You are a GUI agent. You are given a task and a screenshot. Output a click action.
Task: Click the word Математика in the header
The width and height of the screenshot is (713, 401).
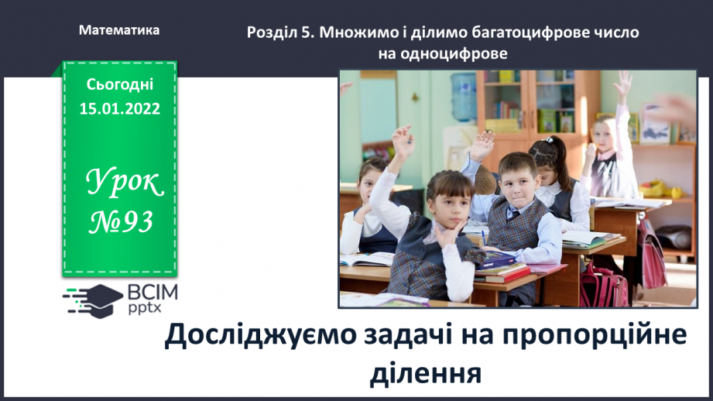(x=119, y=30)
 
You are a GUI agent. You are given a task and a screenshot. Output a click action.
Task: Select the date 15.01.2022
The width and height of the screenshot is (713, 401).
(x=120, y=108)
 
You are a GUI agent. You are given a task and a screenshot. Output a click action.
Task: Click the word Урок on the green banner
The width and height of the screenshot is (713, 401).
(x=124, y=183)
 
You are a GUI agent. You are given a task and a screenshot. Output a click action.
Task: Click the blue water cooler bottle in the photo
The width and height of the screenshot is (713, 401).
(x=463, y=97)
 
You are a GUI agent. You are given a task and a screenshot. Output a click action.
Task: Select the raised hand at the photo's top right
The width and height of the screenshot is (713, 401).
(x=622, y=84)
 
